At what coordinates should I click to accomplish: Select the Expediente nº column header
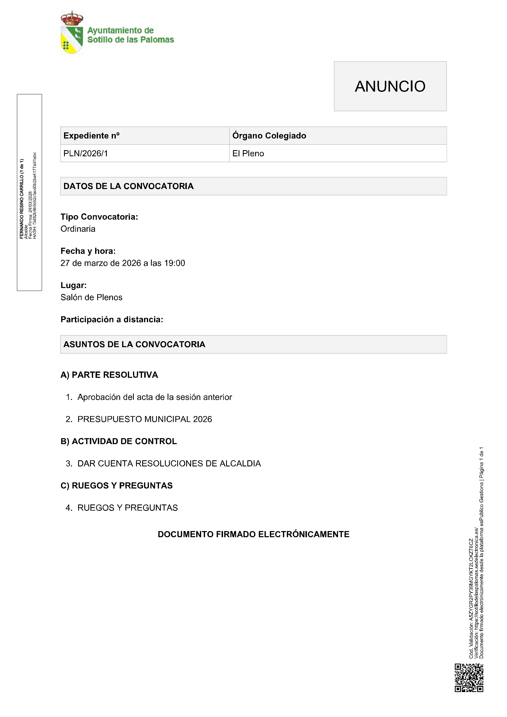pyautogui.click(x=91, y=136)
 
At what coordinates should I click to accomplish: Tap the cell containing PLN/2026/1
pyautogui.click(x=86, y=153)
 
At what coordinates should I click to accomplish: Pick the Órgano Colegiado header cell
pyautogui.click(x=269, y=136)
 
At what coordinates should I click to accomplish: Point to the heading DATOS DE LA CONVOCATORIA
pyautogui.click(x=128, y=186)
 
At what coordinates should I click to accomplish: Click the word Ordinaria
pyautogui.click(x=78, y=229)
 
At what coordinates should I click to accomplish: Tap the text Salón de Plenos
pyautogui.click(x=91, y=297)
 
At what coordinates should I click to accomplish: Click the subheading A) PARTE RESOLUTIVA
pyautogui.click(x=109, y=375)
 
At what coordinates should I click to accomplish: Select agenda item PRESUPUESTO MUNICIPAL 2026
pyautogui.click(x=145, y=419)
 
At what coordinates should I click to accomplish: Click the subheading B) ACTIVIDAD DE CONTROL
pyautogui.click(x=118, y=441)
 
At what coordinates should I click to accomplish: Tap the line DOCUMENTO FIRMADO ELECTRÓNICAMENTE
pyautogui.click(x=253, y=534)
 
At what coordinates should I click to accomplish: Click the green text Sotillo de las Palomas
pyautogui.click(x=131, y=40)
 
